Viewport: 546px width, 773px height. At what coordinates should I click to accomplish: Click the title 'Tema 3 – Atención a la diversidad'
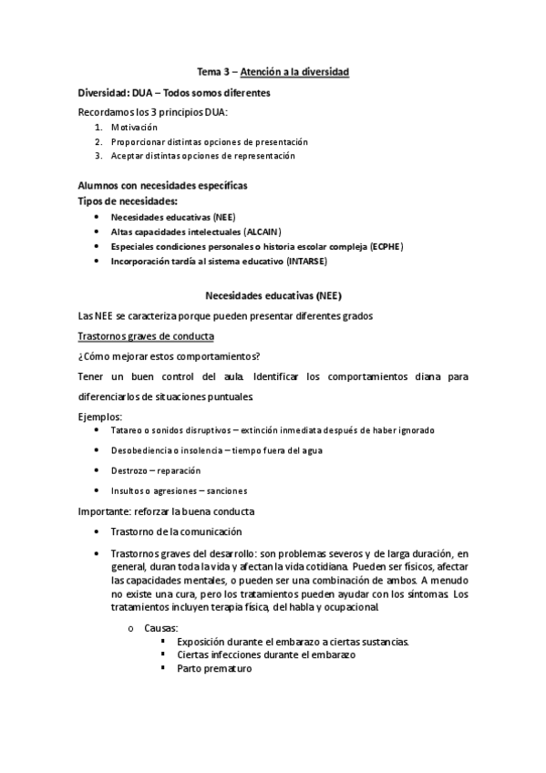[273, 71]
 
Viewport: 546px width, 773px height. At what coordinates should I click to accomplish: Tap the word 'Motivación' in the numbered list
[134, 128]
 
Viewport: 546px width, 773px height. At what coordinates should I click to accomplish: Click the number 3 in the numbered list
[97, 156]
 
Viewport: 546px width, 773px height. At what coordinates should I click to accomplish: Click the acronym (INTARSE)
[306, 261]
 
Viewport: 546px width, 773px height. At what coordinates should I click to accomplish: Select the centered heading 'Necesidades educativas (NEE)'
[273, 295]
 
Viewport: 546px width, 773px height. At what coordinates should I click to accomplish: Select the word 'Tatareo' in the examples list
[127, 430]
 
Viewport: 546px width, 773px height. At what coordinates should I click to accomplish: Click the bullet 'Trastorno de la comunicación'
[177, 531]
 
